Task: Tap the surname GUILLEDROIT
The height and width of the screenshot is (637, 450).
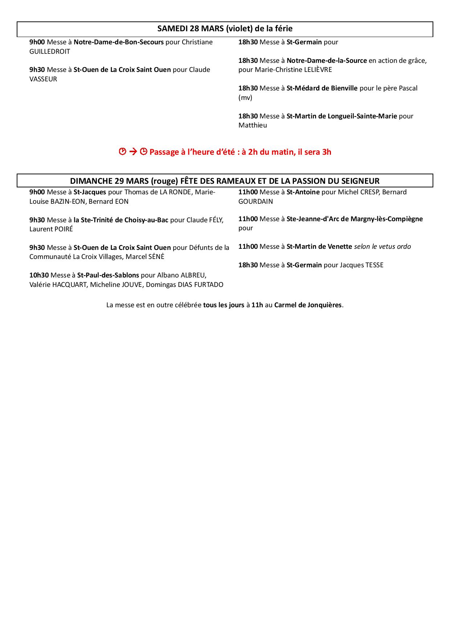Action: (50, 52)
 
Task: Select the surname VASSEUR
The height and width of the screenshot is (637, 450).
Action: (43, 79)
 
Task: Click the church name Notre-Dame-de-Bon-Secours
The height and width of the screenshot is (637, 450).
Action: (119, 42)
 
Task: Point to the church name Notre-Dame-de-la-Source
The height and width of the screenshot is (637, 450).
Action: (327, 61)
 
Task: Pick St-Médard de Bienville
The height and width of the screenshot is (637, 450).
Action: (322, 88)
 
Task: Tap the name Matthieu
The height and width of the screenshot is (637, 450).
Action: (253, 125)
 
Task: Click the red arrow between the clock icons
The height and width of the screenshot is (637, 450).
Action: (133, 152)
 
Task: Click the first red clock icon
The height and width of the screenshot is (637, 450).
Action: (123, 152)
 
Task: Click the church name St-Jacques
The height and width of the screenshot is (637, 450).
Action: (90, 192)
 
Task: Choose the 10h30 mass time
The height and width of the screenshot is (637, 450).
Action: (39, 275)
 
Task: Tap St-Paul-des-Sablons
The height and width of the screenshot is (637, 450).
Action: (108, 275)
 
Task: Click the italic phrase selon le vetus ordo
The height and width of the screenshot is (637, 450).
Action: (382, 247)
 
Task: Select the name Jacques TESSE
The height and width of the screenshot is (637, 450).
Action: (361, 265)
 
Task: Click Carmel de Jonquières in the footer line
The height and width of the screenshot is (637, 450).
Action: (308, 305)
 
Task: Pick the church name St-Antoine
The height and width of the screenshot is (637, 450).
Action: (303, 192)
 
